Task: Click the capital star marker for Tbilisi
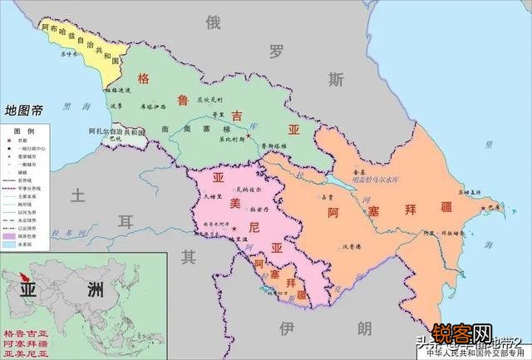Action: pos(247,135)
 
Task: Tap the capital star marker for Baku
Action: pos(490,203)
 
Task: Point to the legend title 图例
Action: pos(24,132)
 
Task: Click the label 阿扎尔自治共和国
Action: pos(117,131)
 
